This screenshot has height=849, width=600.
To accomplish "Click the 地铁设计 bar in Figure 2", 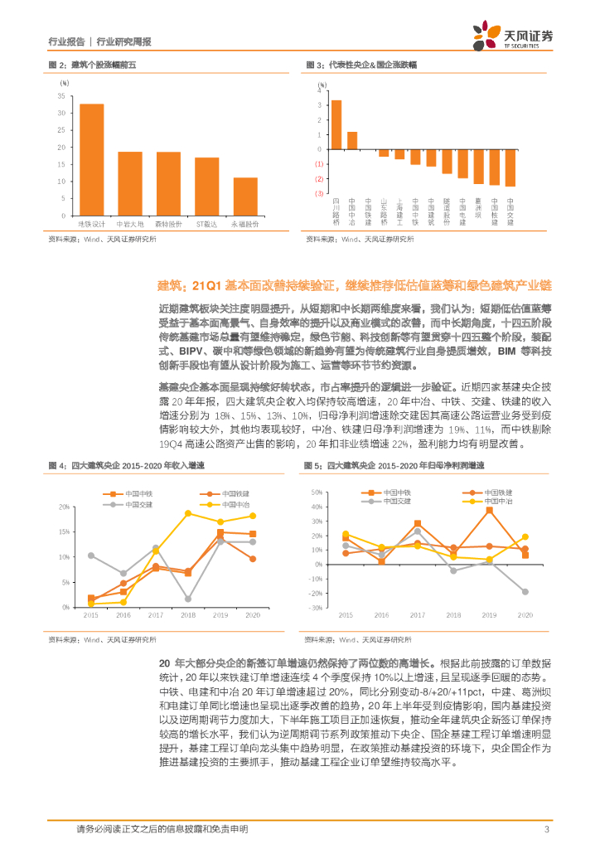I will [x=91, y=159].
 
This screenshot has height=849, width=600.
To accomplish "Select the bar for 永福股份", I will [x=244, y=196].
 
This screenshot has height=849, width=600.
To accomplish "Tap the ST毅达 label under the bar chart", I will [x=206, y=224].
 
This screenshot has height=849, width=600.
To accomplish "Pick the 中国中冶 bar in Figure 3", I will [x=352, y=139].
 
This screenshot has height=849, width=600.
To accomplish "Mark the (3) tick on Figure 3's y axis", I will [x=318, y=193].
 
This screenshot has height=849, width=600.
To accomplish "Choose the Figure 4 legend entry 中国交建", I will [x=133, y=503].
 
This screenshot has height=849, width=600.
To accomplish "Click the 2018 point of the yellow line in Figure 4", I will [x=188, y=513].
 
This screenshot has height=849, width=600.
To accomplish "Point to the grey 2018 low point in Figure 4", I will [x=188, y=599].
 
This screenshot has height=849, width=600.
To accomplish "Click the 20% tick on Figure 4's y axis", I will [x=64, y=507].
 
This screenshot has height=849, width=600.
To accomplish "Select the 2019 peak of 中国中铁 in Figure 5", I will [x=489, y=510].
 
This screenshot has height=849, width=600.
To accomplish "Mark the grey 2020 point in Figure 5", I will [x=525, y=591].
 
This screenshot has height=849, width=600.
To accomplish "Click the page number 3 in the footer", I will [x=546, y=829].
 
